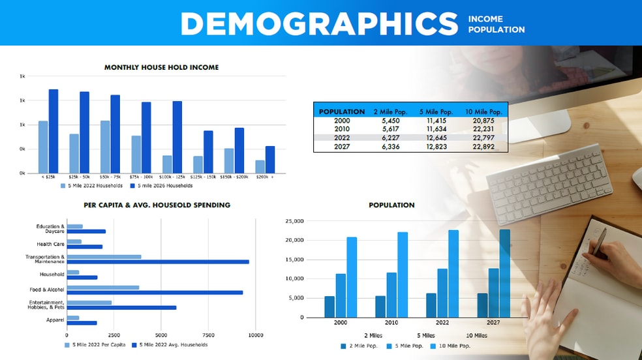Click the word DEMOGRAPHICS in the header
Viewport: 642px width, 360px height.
click(319, 23)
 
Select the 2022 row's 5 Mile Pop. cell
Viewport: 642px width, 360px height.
click(436, 138)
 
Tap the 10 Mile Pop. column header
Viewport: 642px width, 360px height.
click(483, 112)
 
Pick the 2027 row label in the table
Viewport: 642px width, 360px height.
click(342, 147)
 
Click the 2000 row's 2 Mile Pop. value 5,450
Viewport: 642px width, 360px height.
click(390, 121)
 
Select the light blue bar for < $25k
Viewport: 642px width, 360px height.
click(43, 147)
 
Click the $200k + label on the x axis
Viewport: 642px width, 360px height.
click(265, 177)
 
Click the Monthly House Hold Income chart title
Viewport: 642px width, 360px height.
click(161, 67)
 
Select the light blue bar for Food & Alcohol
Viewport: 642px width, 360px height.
click(103, 287)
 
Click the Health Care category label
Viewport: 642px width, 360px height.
click(50, 245)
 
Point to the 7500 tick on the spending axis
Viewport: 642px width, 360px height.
click(209, 335)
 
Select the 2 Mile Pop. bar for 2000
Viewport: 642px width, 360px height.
click(329, 307)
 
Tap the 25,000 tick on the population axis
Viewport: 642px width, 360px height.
click(295, 221)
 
